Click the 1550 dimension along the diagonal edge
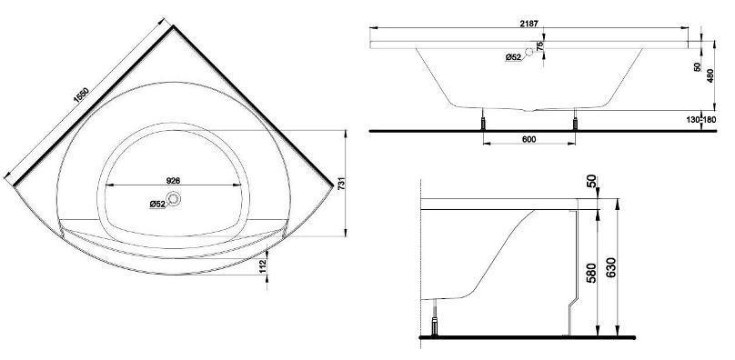click(81, 95)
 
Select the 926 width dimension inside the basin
click(174, 180)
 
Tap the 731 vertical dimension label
click(341, 184)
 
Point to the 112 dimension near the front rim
click(263, 266)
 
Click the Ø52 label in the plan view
click(157, 204)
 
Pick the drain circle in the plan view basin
click(174, 199)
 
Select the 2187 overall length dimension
click(529, 23)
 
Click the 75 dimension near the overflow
click(539, 46)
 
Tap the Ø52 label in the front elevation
click(513, 57)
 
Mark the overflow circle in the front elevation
click(529, 52)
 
